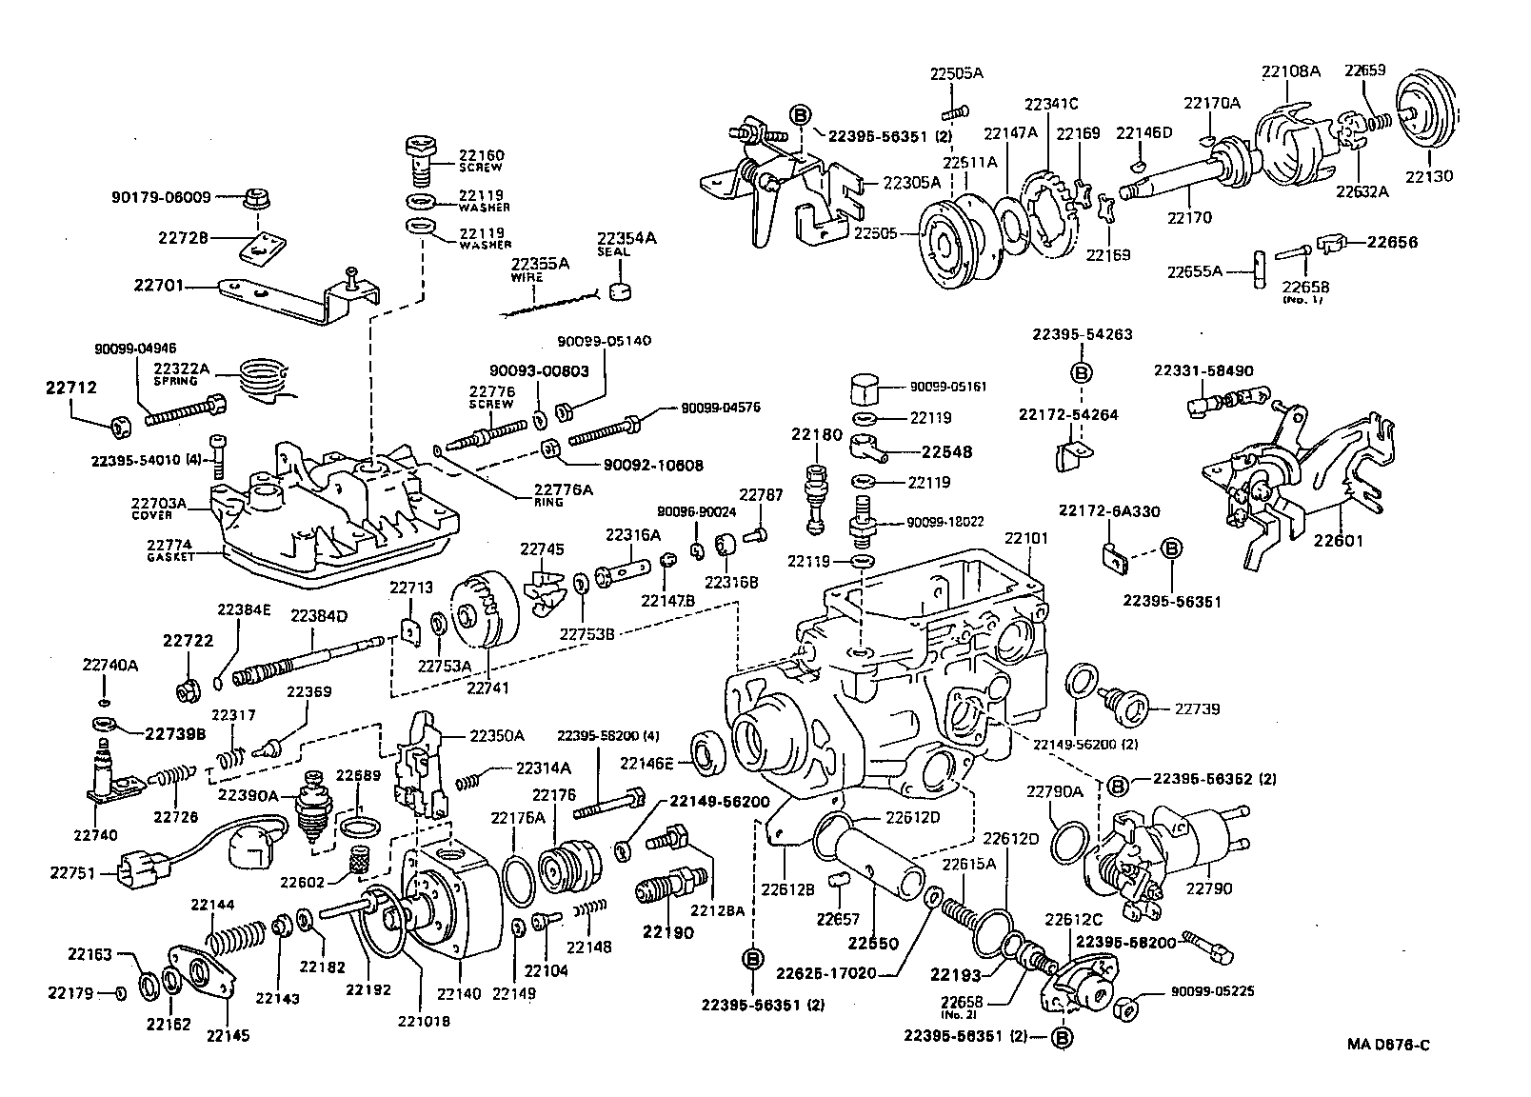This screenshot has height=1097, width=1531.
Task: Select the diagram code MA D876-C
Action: pyautogui.click(x=1387, y=1045)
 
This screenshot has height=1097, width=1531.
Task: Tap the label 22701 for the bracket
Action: pyautogui.click(x=158, y=285)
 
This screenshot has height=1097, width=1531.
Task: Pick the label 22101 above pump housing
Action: pyautogui.click(x=1025, y=538)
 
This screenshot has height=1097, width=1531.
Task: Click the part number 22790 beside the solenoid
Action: pyautogui.click(x=1208, y=888)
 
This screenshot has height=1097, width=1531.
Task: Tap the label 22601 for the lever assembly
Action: pyautogui.click(x=1339, y=541)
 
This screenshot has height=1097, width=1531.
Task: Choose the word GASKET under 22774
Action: pyautogui.click(x=170, y=557)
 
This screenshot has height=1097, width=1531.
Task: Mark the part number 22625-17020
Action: pyautogui.click(x=824, y=973)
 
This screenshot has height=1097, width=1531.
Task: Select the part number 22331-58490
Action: pyautogui.click(x=1203, y=370)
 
